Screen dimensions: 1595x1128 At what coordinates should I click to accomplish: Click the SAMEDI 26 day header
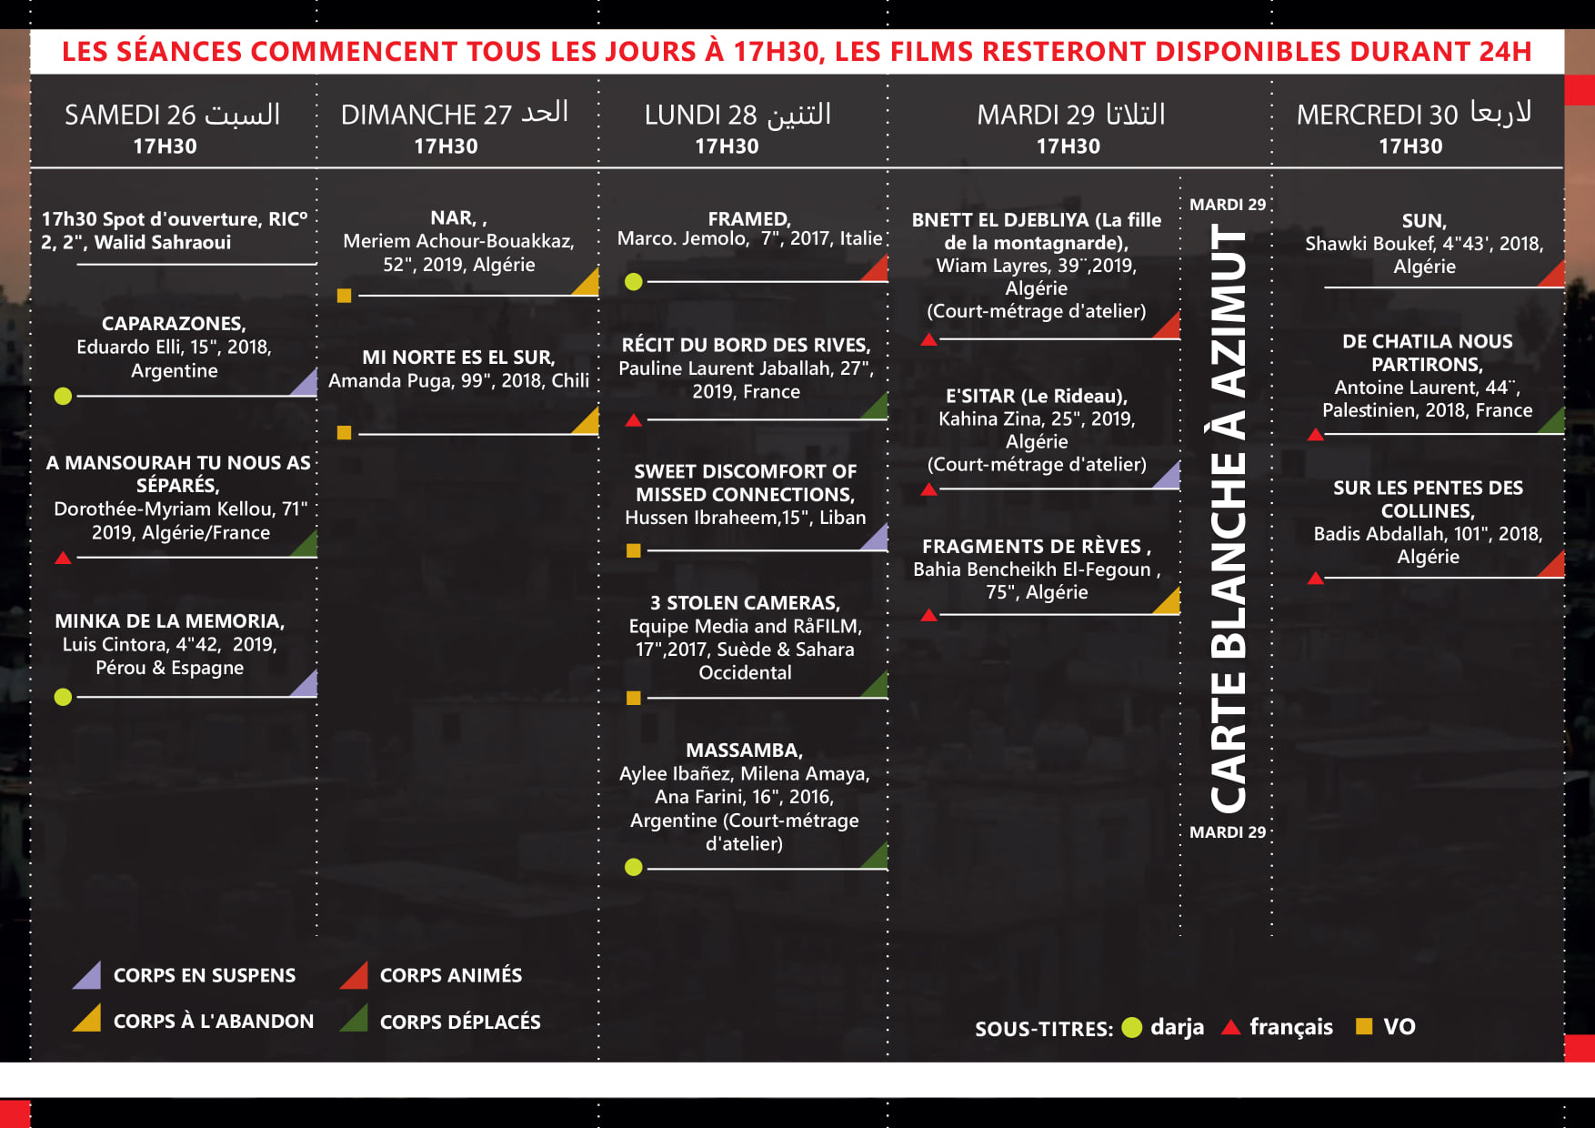(172, 115)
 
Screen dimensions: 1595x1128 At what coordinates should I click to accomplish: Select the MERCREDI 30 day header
(1413, 114)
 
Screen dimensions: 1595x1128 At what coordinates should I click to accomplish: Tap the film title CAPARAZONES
(174, 324)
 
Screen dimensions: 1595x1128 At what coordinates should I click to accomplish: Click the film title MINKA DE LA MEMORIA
(170, 621)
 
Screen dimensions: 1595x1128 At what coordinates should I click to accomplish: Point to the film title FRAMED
(749, 219)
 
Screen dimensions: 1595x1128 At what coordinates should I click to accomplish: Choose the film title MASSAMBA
(744, 750)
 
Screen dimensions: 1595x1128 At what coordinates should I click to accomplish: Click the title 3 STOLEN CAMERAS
(745, 603)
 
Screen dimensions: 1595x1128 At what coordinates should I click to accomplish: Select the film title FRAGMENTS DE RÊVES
(1036, 547)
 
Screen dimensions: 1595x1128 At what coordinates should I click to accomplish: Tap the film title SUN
(1423, 221)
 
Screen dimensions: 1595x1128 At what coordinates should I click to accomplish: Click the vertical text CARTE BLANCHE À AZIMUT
(1228, 519)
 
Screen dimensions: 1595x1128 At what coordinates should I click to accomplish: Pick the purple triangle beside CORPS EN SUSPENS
(88, 976)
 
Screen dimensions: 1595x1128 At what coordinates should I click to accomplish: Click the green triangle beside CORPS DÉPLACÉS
(355, 1020)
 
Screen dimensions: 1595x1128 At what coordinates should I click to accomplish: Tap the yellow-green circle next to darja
(1131, 1027)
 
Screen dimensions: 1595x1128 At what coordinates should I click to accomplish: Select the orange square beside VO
(1363, 1026)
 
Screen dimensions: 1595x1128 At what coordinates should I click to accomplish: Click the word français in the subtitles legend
(1290, 1027)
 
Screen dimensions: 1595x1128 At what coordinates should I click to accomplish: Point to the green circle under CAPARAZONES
(63, 396)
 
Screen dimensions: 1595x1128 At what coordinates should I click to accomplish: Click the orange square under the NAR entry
(344, 296)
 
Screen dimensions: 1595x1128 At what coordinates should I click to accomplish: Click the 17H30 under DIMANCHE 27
(446, 146)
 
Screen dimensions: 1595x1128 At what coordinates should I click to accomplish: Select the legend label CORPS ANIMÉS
(450, 976)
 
